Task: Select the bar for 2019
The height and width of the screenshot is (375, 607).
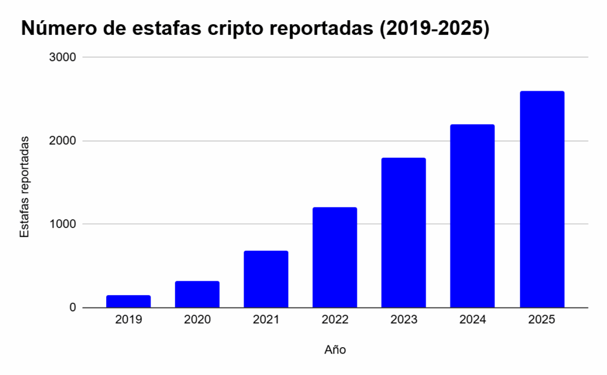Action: pyautogui.click(x=129, y=302)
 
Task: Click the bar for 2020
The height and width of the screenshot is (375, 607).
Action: pyautogui.click(x=197, y=294)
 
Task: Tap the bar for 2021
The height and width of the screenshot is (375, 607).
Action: pyautogui.click(x=266, y=279)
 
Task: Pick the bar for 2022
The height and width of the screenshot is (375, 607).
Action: pyautogui.click(x=335, y=257)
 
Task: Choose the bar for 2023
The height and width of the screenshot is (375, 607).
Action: pyautogui.click(x=404, y=232)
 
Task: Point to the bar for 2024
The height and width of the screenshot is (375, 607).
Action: pyautogui.click(x=472, y=216)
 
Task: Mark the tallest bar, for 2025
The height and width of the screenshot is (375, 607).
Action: pyautogui.click(x=542, y=199)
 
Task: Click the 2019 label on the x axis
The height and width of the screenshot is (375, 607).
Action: pyautogui.click(x=129, y=320)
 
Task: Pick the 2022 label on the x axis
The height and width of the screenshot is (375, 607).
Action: pyautogui.click(x=335, y=320)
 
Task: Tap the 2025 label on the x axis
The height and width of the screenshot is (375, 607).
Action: pyautogui.click(x=542, y=320)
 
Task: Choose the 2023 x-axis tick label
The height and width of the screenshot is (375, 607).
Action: pyautogui.click(x=404, y=320)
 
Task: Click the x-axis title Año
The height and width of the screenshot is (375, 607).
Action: pyautogui.click(x=335, y=350)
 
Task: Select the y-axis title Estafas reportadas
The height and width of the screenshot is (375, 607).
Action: pyautogui.click(x=24, y=187)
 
